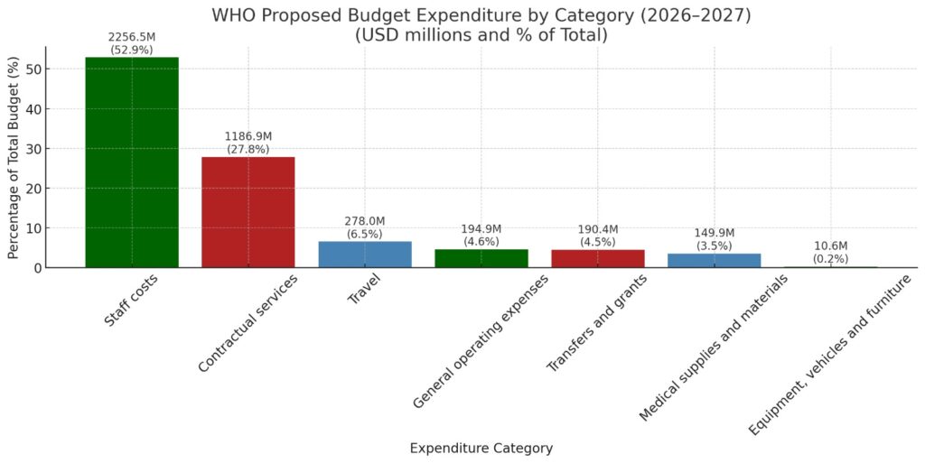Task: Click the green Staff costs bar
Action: pyautogui.click(x=132, y=162)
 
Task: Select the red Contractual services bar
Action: pyautogui.click(x=248, y=212)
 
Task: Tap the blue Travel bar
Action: pyautogui.click(x=365, y=255)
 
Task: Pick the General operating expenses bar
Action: pyautogui.click(x=481, y=258)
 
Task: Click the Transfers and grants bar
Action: pyautogui.click(x=597, y=258)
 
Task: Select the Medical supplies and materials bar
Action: pyautogui.click(x=714, y=261)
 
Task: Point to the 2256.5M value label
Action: pyautogui.click(x=132, y=37)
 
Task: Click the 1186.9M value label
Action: pyautogui.click(x=248, y=136)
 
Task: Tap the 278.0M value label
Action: pyautogui.click(x=365, y=221)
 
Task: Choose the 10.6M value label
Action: pyautogui.click(x=830, y=246)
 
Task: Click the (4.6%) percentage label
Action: pyautogui.click(x=481, y=242)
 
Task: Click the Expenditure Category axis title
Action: pyautogui.click(x=481, y=448)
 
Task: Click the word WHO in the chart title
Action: pyautogui.click(x=231, y=16)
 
